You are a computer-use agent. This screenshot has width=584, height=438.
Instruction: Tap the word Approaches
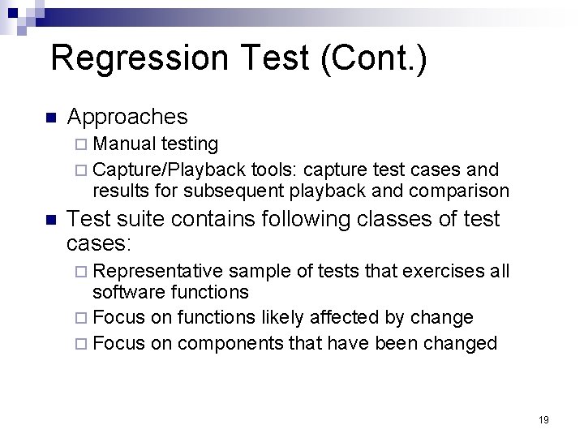127,117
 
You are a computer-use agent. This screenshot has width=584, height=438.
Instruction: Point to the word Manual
125,144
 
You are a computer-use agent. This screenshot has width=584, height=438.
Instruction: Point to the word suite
136,219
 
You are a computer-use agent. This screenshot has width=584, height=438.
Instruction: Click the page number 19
543,419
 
